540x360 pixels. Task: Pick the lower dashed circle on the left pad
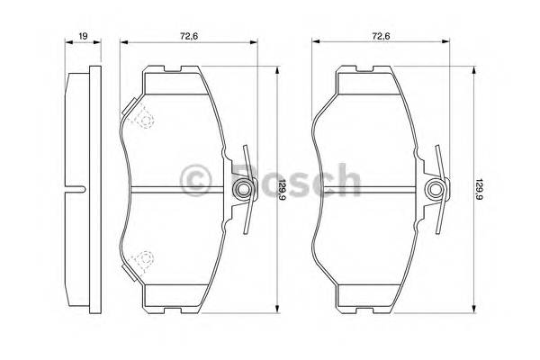pos(141,262)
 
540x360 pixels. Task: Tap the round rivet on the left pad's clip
pos(241,190)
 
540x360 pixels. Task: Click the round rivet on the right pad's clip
pos(435,190)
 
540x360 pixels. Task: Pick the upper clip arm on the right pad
pos(438,162)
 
